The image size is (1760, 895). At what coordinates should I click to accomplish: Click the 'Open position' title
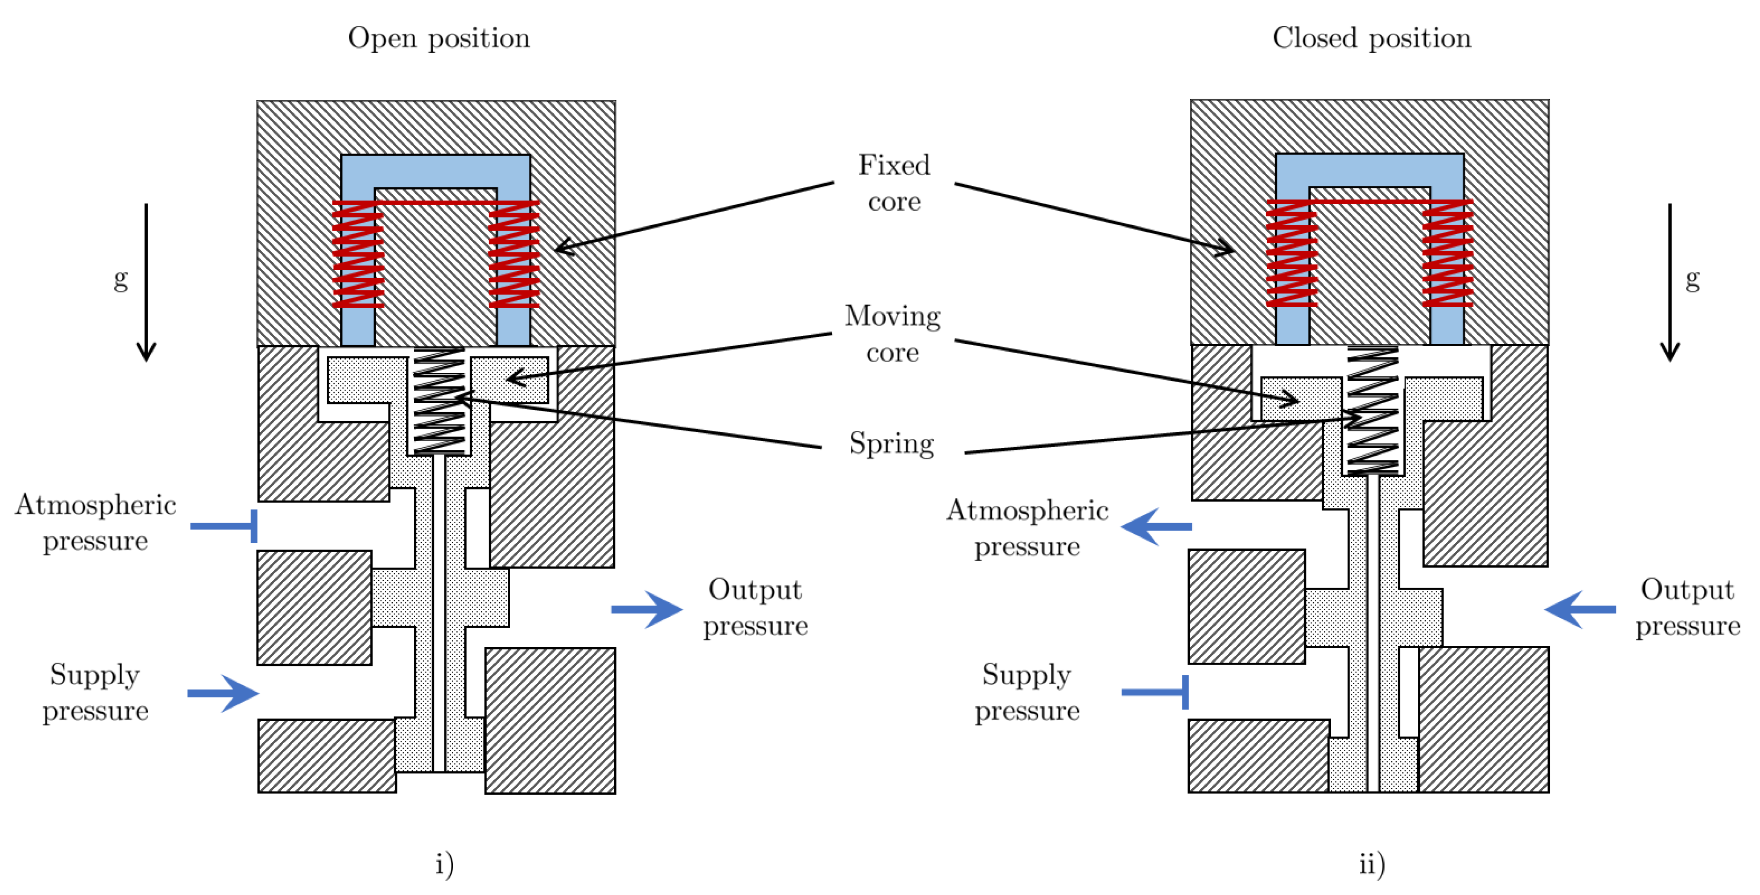[x=439, y=38]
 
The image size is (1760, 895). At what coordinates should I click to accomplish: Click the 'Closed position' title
[x=1371, y=38]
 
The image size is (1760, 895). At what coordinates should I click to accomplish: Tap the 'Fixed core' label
[x=894, y=183]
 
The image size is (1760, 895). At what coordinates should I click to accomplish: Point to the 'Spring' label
[x=892, y=444]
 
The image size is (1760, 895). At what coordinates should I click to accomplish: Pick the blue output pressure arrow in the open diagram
[x=646, y=609]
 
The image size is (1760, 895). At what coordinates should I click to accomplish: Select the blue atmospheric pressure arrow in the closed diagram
[x=1156, y=526]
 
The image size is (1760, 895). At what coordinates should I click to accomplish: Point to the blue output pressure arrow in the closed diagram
[x=1580, y=608]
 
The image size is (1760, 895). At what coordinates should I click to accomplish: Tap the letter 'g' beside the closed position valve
[x=1692, y=280]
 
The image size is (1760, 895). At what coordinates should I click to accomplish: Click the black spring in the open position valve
[x=440, y=401]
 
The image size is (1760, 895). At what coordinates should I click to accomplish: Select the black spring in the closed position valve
[x=1372, y=410]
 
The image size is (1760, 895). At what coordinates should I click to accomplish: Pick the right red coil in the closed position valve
[x=1447, y=252]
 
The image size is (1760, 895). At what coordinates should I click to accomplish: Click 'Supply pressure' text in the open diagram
[x=95, y=693]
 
